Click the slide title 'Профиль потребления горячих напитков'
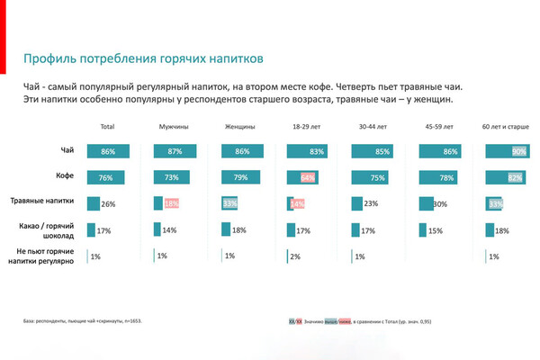pyautogui.click(x=143, y=60)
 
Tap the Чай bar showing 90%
pyautogui.click(x=507, y=152)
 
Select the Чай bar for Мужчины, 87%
pyautogui.click(x=173, y=152)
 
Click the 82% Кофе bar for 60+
pyautogui.click(x=505, y=177)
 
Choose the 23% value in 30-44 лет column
pyautogui.click(x=371, y=204)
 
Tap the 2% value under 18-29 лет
pyautogui.click(x=295, y=256)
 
